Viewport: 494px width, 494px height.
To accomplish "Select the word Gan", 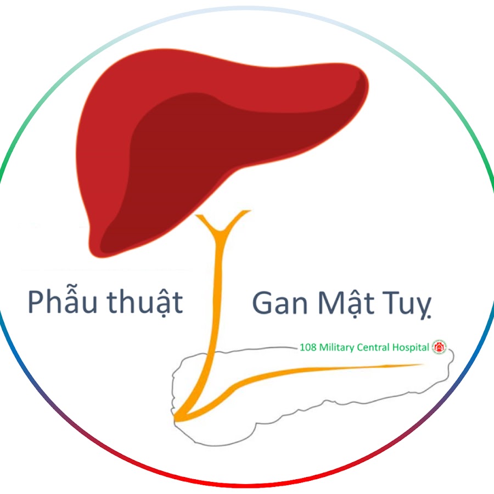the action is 280,303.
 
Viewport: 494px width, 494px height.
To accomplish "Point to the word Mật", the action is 346,304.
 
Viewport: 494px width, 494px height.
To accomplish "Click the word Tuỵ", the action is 407,305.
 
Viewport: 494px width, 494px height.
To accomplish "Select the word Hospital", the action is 411,347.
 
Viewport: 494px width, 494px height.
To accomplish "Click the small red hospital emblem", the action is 439,347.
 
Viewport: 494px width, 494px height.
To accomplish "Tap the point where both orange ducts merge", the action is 176,418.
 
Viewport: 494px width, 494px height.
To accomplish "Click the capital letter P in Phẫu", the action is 37,302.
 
